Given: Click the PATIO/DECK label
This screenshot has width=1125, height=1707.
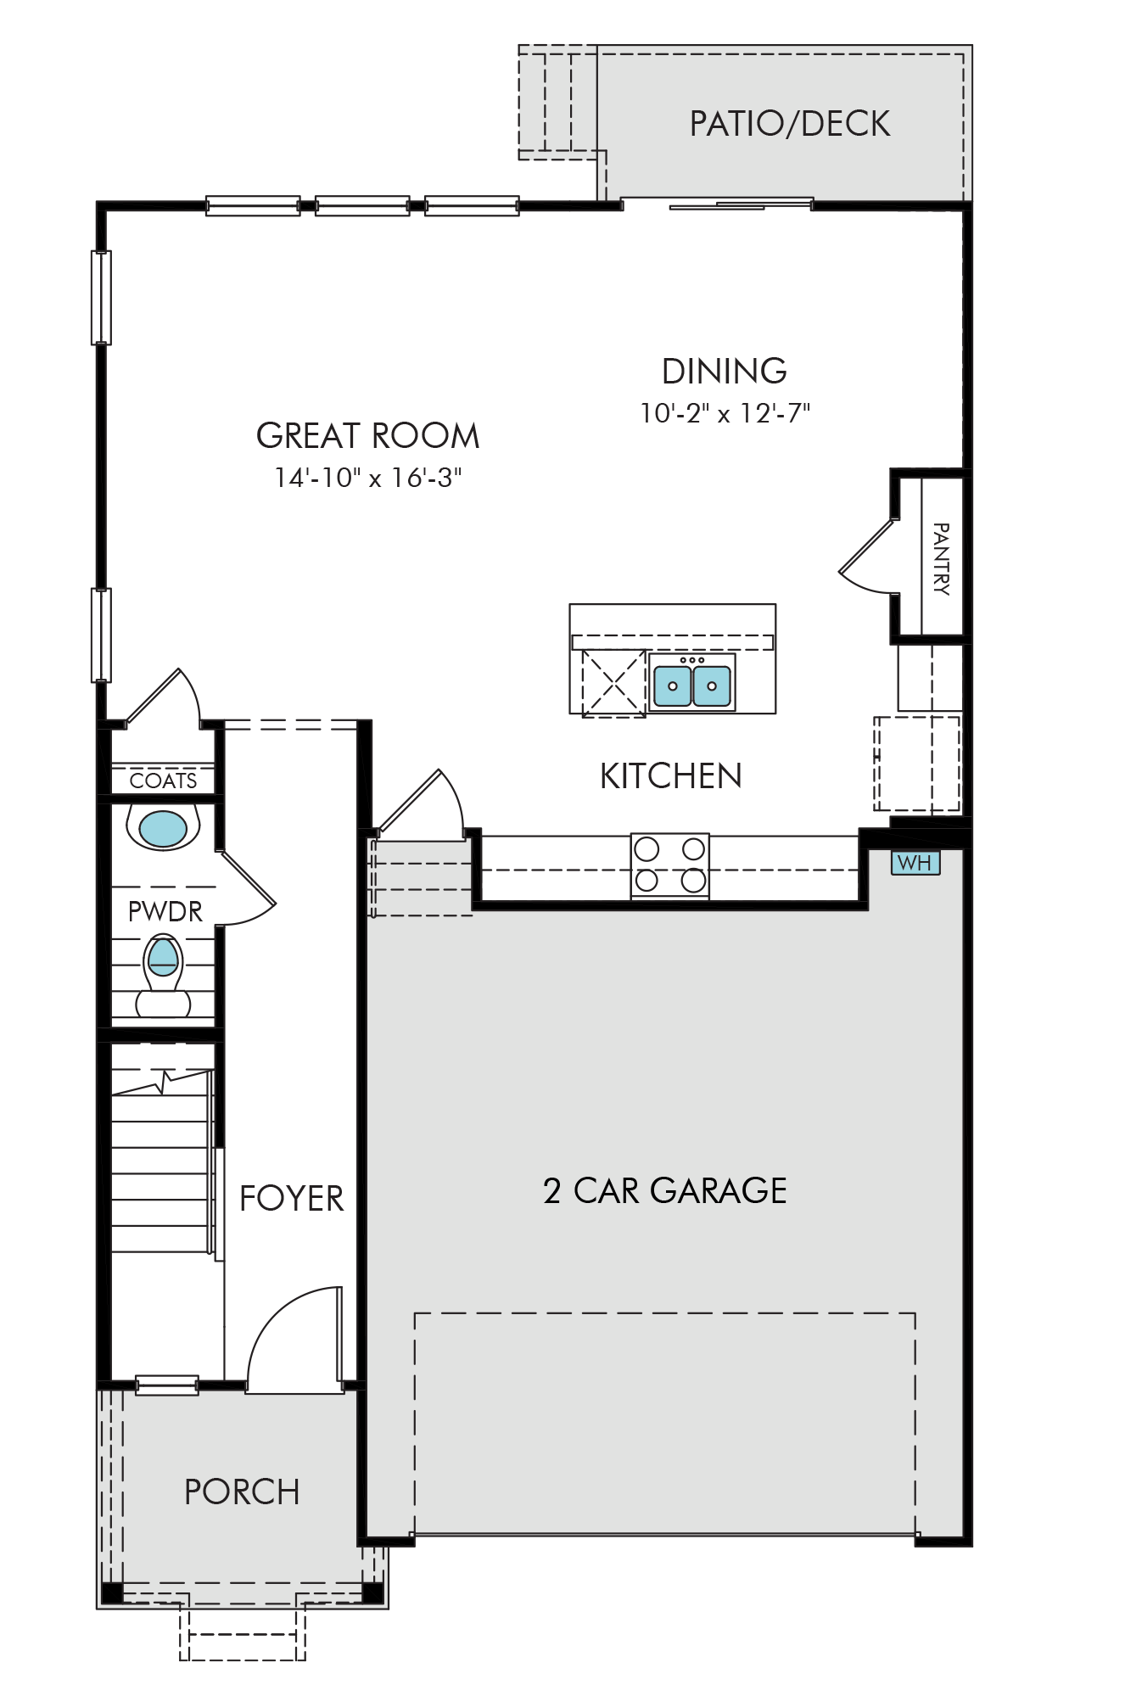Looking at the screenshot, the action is coord(790,124).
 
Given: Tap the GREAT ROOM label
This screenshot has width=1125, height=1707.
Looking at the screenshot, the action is coord(368,436).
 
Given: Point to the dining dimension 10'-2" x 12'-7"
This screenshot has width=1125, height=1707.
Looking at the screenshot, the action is coord(725,413).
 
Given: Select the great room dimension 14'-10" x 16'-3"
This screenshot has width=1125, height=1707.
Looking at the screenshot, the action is coord(368,478).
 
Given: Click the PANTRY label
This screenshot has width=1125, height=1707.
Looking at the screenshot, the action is coord(941,559).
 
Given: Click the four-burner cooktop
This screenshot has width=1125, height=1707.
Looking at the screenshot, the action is coord(670,865).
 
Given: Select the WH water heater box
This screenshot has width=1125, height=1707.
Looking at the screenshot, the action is coord(915,863).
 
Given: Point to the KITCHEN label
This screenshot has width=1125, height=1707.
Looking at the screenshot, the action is coord(671,776).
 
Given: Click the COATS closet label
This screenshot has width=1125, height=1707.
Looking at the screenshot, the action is coord(164,781).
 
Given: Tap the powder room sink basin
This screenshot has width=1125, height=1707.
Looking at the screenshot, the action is coord(163,829).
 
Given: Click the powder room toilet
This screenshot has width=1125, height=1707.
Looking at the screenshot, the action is coord(164,976).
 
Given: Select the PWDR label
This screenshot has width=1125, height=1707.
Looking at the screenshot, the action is coord(165,912).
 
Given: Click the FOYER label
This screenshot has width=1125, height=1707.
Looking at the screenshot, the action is coord(292,1199).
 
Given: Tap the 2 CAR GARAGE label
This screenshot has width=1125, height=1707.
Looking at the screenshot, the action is coord(665,1191).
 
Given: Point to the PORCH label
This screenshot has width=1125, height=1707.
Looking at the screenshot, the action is coord(243,1492).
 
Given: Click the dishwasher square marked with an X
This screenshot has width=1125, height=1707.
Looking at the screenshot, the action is coord(613,683).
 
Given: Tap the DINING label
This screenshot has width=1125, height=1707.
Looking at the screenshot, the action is coord(725,372).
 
